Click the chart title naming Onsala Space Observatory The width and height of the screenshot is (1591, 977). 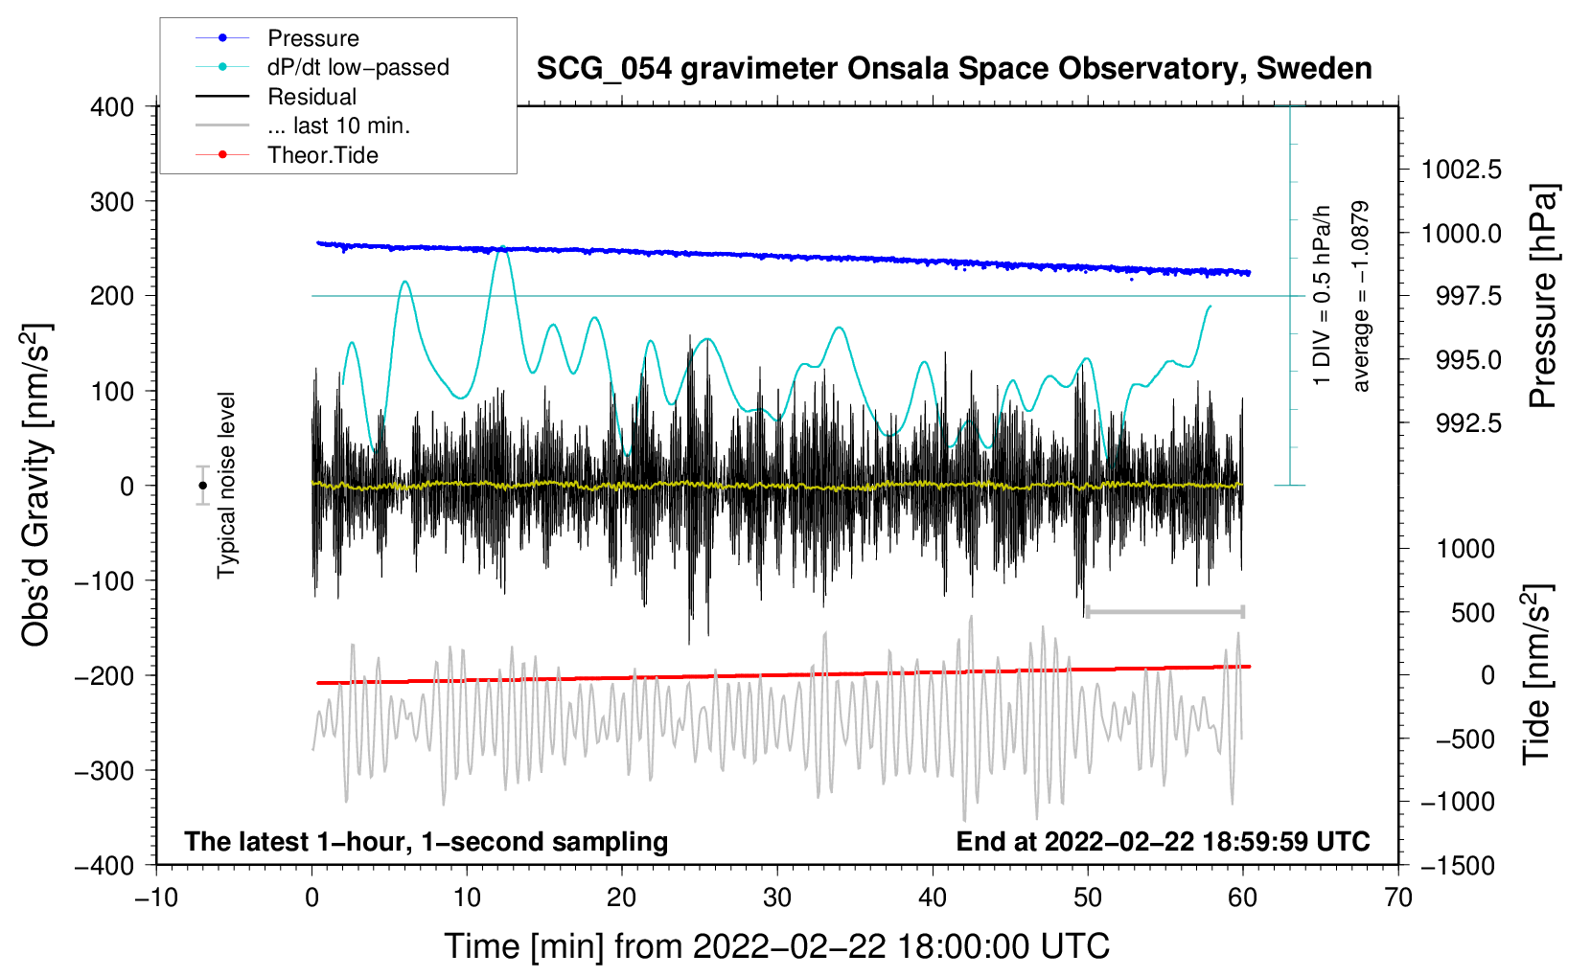click(x=954, y=69)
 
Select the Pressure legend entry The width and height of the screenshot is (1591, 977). click(x=312, y=38)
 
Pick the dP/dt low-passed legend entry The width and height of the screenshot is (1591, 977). click(x=357, y=67)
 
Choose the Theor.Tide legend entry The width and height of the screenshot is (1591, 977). click(x=322, y=155)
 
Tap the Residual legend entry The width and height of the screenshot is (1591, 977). click(x=311, y=97)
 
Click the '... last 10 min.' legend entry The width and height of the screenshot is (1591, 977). click(x=338, y=125)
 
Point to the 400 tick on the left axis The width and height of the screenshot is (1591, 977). click(x=112, y=107)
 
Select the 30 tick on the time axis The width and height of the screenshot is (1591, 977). click(x=777, y=897)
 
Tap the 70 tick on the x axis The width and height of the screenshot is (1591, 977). click(x=1398, y=897)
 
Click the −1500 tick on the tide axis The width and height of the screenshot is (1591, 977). click(x=1457, y=865)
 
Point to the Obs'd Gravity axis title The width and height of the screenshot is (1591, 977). click(x=36, y=485)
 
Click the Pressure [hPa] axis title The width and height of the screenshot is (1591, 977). click(x=1543, y=296)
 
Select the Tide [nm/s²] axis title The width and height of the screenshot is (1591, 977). click(x=1537, y=674)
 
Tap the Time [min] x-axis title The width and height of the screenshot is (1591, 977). click(x=777, y=946)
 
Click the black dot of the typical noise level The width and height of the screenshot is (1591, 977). click(x=202, y=486)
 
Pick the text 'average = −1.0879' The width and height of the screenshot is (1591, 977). click(x=1361, y=296)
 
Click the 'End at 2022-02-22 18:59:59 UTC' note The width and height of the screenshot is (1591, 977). click(x=1163, y=841)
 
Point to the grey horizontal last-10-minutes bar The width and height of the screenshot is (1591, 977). click(x=1164, y=612)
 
